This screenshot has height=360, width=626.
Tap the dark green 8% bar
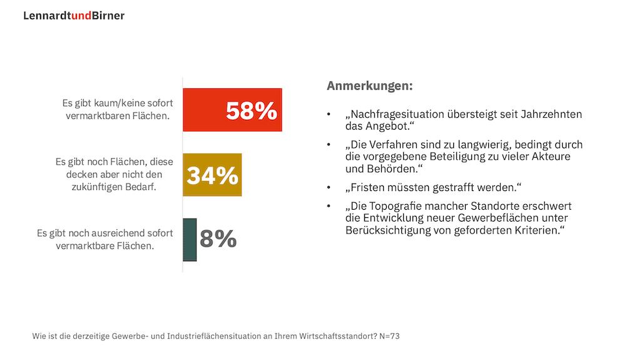[x=190, y=239]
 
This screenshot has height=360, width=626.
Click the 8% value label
[x=218, y=239]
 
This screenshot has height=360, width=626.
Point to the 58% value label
[x=251, y=111]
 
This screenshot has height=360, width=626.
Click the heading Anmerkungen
[x=370, y=86]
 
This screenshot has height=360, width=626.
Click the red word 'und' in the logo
[x=81, y=16]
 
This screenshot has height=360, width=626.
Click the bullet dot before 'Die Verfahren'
[x=329, y=145]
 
